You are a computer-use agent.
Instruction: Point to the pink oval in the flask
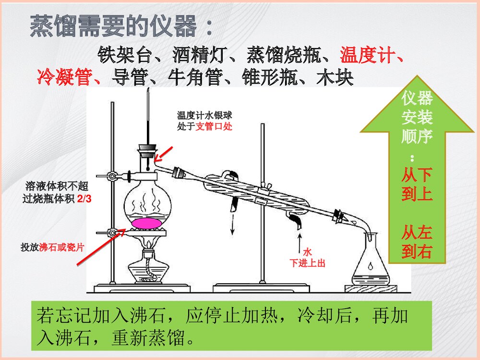tap(148, 223)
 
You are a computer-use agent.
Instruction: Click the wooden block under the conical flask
tap(371, 288)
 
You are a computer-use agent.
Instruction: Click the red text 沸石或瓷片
tap(62, 248)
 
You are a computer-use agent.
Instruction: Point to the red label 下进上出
tap(309, 263)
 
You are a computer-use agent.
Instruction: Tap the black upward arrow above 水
tap(300, 240)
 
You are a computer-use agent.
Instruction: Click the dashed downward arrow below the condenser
tap(232, 225)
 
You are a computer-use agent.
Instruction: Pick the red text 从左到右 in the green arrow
tap(417, 242)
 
